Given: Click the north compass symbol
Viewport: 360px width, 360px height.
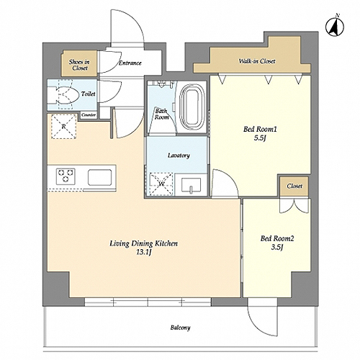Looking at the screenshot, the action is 335,26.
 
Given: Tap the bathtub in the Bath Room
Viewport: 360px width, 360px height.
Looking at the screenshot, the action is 193,107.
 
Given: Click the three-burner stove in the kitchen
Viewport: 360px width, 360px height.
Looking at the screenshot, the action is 66,176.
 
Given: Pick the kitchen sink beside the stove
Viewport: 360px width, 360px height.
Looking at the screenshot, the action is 99,177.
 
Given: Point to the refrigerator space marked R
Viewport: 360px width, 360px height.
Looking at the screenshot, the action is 64,127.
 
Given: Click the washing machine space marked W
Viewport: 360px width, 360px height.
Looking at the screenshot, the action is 161,184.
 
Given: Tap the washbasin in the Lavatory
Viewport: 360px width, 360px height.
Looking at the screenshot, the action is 191,186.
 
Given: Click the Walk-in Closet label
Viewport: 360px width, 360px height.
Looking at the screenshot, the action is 257,61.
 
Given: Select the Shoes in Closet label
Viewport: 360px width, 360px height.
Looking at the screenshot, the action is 79,65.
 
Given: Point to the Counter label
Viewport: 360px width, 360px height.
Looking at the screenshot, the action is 89,115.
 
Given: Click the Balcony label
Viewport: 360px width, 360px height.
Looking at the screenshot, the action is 181,328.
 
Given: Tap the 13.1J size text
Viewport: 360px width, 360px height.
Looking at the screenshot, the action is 143,252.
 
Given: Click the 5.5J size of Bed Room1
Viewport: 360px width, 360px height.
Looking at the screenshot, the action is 261,138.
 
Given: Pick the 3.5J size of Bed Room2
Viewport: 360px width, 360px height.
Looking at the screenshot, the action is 277,247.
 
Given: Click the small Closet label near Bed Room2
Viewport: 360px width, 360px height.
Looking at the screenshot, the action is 294,186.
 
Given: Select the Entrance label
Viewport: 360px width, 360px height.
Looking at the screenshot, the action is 130,63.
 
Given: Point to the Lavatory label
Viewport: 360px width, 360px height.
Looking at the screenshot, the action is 179,156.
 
